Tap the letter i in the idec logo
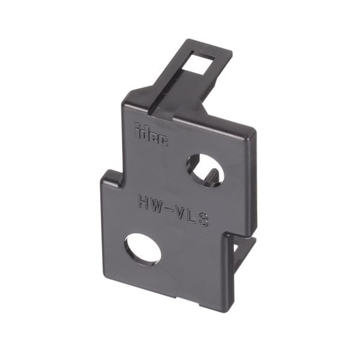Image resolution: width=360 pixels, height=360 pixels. click(137, 131)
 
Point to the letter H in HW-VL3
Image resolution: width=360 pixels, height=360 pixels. click(145, 200)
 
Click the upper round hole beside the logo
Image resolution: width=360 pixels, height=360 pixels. click(205, 169)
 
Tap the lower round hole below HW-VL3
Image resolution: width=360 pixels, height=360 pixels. click(143, 249)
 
